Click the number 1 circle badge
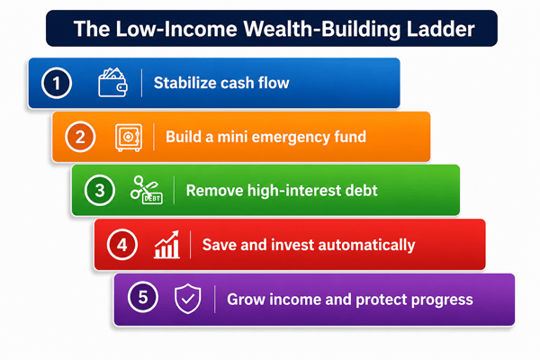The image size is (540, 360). (57, 83)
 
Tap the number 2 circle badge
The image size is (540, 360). (80, 137)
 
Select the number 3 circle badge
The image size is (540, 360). (100, 190)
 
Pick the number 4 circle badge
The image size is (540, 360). (121, 245)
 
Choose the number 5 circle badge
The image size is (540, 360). (143, 297)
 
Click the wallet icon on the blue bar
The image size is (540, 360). (112, 82)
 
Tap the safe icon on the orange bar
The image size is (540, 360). (129, 138)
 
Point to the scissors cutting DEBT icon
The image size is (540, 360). (147, 190)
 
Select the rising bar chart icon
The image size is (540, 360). (166, 245)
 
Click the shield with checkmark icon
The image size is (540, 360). (188, 299)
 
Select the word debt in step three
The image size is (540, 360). (363, 191)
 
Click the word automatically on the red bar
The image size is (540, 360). (366, 246)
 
